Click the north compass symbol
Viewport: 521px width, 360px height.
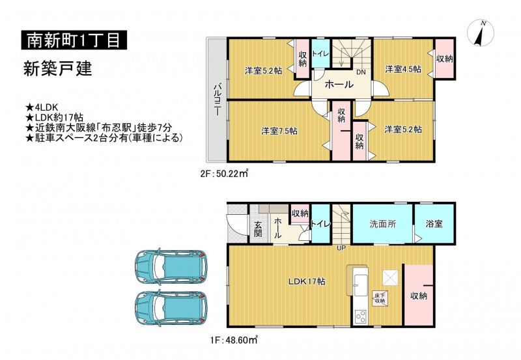click(x=481, y=34)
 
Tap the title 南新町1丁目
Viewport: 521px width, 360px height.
click(x=74, y=40)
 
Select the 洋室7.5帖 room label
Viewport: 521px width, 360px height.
click(x=279, y=131)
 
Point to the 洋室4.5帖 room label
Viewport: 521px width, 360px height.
click(x=403, y=69)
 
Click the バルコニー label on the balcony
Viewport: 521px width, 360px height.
click(x=217, y=100)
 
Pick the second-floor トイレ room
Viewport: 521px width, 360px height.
click(x=320, y=54)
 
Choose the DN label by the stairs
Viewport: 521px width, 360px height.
click(x=361, y=72)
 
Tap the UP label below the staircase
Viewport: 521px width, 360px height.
click(x=341, y=248)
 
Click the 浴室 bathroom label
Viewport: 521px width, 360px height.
click(x=434, y=223)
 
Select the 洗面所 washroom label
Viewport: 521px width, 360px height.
click(x=383, y=224)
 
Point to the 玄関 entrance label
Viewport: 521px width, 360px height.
click(x=258, y=229)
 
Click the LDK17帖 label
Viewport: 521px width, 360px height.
click(x=306, y=282)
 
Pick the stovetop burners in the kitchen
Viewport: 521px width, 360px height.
click(x=361, y=316)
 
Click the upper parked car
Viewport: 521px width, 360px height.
click(x=171, y=266)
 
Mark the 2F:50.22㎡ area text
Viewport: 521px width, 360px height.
click(x=224, y=173)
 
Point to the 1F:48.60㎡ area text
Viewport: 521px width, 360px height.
click(x=234, y=340)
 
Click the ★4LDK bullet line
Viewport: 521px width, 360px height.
click(x=42, y=107)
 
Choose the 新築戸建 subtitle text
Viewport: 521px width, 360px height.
click(x=57, y=70)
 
